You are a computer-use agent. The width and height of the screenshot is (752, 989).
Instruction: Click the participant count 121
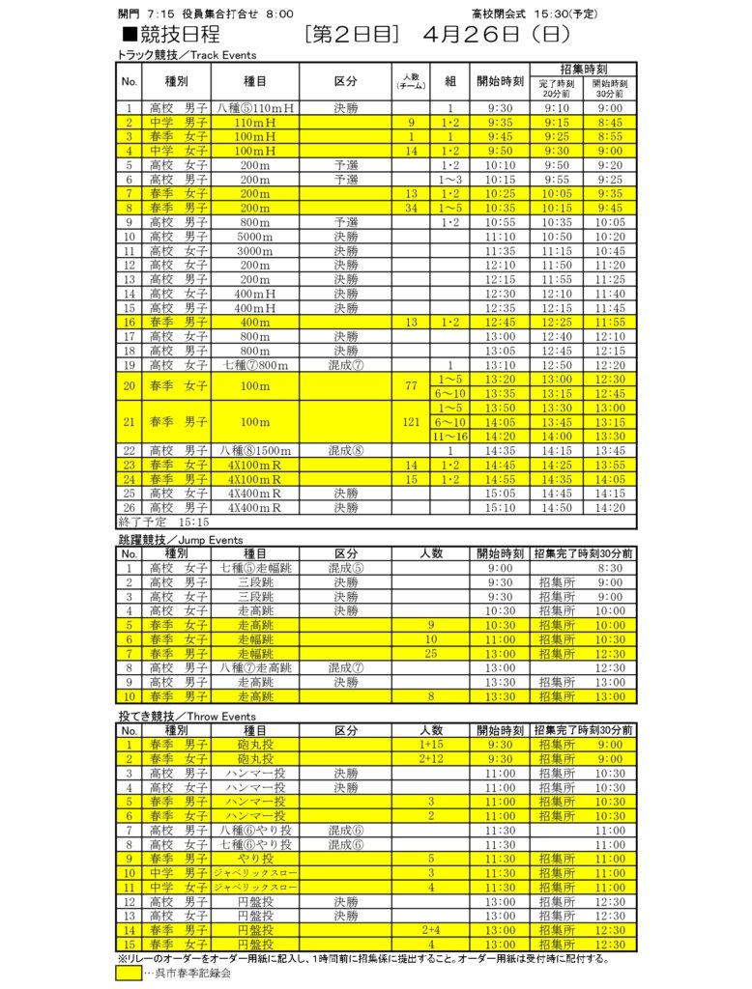[x=412, y=422]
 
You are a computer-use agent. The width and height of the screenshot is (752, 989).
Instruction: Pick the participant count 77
[x=412, y=386]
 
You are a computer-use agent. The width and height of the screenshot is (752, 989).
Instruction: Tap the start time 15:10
[x=501, y=507]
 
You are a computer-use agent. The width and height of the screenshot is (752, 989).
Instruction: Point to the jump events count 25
[x=431, y=654]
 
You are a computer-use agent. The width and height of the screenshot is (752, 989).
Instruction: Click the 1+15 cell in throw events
[x=431, y=745]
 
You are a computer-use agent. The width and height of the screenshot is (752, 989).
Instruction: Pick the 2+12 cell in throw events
[x=431, y=759]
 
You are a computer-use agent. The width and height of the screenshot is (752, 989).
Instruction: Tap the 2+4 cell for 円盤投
[x=431, y=930]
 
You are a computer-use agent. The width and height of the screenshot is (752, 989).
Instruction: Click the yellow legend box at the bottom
[x=129, y=973]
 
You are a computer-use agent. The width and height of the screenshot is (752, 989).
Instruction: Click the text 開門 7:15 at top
[x=142, y=14]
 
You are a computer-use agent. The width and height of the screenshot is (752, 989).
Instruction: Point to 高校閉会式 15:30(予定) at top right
[x=534, y=14]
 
